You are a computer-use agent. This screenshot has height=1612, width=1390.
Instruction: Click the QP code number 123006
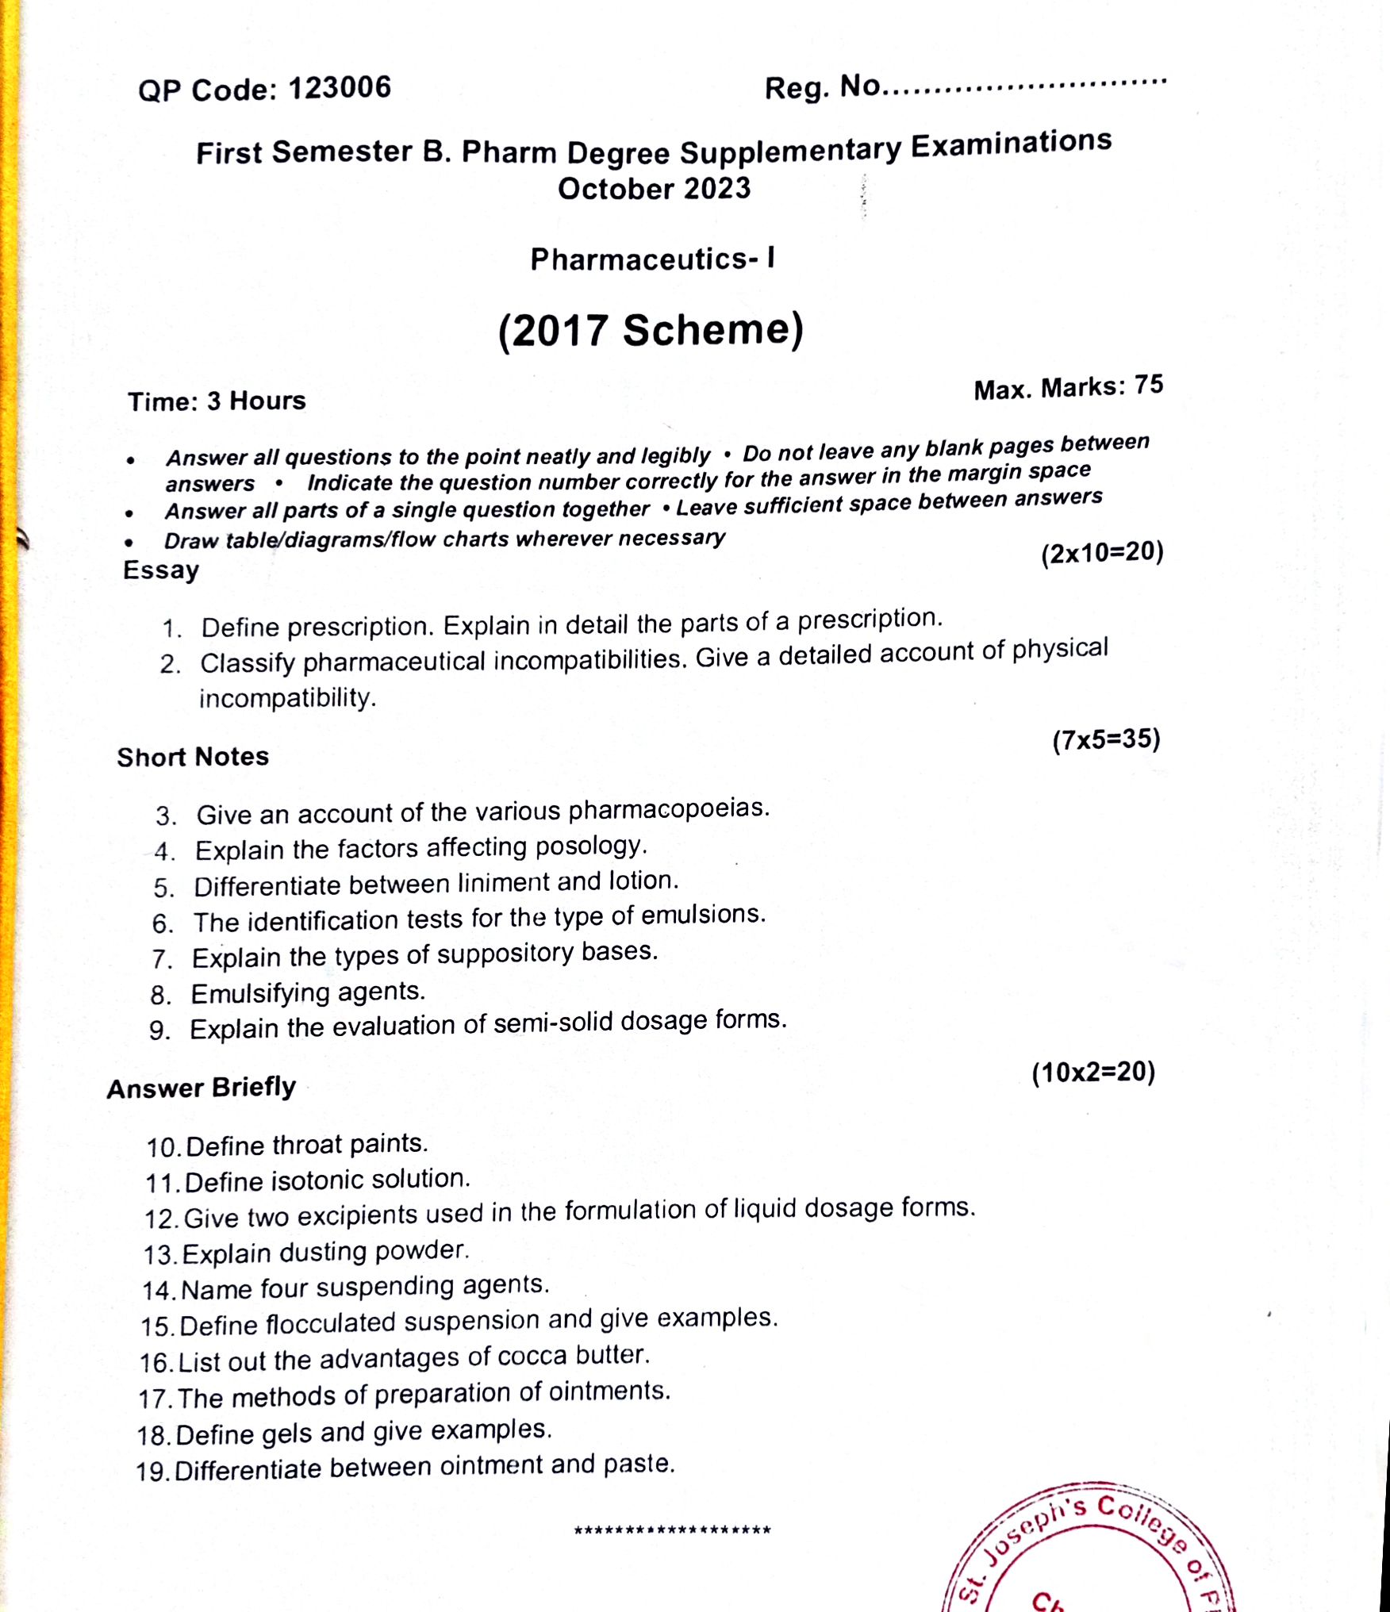coord(339,88)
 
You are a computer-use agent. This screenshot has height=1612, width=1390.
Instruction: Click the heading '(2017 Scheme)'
coord(651,330)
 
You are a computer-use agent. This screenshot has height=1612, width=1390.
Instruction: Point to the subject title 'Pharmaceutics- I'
coord(652,259)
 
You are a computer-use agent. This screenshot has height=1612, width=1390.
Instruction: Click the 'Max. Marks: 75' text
coord(1068,388)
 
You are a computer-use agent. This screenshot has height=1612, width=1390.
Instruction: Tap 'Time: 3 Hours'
coord(217,401)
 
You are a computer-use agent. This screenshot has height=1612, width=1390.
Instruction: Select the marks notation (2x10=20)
coord(1102,552)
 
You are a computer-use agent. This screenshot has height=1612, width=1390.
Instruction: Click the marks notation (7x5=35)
coord(1106,740)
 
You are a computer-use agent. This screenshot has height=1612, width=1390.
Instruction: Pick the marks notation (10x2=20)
coord(1093,1073)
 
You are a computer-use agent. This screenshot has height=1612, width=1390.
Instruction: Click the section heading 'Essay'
coord(161,570)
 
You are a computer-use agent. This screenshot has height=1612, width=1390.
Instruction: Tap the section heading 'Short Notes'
coord(193,757)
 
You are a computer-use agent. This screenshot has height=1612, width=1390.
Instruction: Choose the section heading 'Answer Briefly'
coord(202,1088)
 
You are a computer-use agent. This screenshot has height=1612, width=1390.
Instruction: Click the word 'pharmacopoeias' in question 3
coord(668,809)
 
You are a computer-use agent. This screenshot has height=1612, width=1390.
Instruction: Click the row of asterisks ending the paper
coord(672,1529)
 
